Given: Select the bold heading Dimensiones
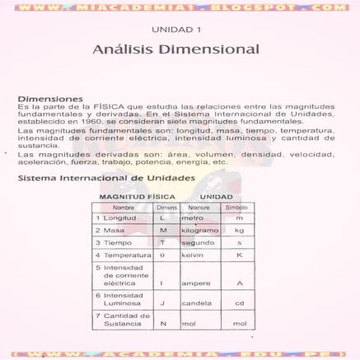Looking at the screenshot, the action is [x=51, y=98].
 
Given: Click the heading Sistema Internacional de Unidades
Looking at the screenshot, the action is [x=106, y=177].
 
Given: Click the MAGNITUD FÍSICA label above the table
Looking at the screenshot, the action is [x=133, y=197].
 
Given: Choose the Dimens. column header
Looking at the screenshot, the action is [x=167, y=208].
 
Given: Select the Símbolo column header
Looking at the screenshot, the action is [x=240, y=208].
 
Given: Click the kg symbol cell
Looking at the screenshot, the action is [x=240, y=231].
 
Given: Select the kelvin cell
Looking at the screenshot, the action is [x=193, y=255].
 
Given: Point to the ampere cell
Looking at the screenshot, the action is [x=195, y=283].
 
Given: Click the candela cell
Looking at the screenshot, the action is [x=196, y=303].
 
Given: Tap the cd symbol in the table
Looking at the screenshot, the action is [x=240, y=303].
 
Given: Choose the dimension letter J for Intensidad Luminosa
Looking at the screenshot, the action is [x=163, y=303].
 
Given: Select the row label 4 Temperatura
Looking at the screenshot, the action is [x=124, y=255].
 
